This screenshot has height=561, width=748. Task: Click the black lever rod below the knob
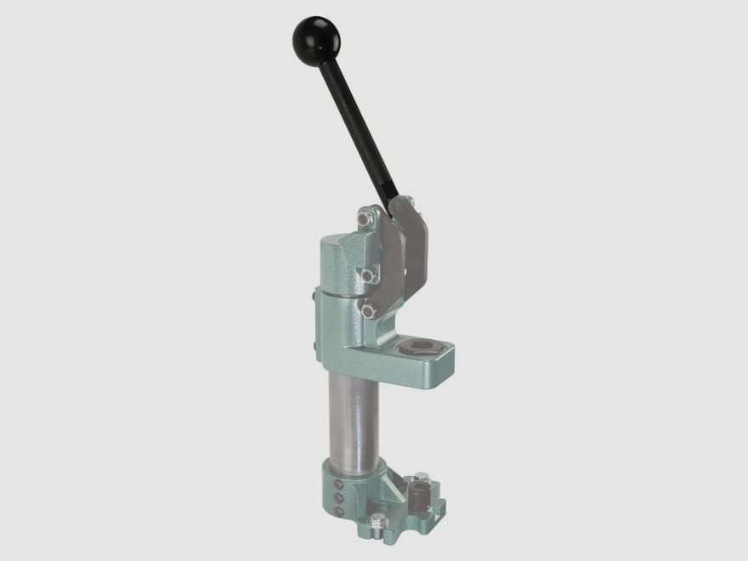click(x=356, y=127)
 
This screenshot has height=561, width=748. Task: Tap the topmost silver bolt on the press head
click(x=363, y=219)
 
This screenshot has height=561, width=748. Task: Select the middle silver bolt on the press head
click(x=367, y=275)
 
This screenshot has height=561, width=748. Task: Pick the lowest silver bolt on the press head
click(x=368, y=311)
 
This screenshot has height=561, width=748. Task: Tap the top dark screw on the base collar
click(x=337, y=481)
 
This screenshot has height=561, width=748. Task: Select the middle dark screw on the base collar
click(x=338, y=496)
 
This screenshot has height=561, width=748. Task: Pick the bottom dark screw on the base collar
click(x=338, y=510)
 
